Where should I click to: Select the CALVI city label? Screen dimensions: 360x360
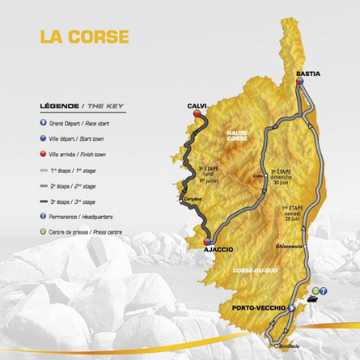(198, 104)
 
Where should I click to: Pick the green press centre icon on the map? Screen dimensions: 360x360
(315, 287)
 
